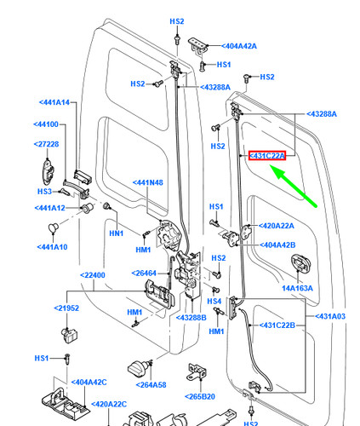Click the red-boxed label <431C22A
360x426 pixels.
[267, 156]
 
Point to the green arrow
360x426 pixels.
[293, 187]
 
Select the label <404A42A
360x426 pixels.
[239, 46]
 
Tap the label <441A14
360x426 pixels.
[54, 102]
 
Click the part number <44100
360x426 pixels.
[46, 124]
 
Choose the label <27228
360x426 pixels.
[46, 144]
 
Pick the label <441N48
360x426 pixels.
[148, 182]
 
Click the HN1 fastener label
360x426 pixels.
[117, 233]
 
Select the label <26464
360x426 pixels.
[144, 273]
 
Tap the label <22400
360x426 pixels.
[93, 275]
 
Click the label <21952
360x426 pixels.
[66, 308]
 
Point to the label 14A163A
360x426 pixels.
[297, 288]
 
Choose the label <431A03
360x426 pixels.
[330, 316]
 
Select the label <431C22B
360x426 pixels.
[277, 325]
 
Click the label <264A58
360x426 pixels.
[151, 385]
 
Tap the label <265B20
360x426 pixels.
[200, 396]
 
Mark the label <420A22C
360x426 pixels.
[109, 404]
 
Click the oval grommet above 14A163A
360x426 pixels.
[300, 263]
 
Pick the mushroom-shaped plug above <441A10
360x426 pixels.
[53, 227]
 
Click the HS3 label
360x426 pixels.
[44, 192]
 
